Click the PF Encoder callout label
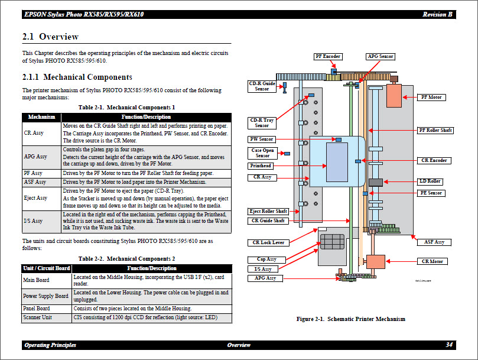tap(327, 57)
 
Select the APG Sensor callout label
tap(380, 57)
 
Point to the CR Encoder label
tap(433, 160)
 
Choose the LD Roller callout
tap(431, 181)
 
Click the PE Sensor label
tap(431, 193)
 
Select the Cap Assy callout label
tap(266, 259)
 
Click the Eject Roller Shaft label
tap(269, 211)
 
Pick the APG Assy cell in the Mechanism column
tap(35, 157)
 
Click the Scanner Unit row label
tap(37, 318)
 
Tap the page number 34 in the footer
tap(449, 345)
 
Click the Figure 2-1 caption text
tap(350, 319)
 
